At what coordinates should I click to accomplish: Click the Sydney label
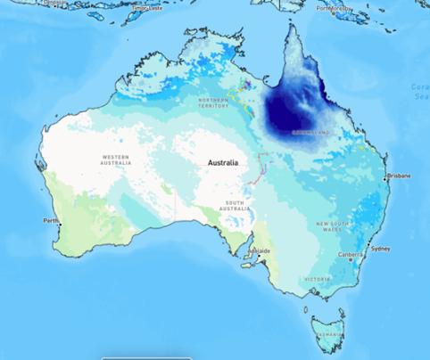pos(380,249)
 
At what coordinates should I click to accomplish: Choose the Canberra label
pos(351,255)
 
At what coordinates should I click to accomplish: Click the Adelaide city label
pos(260,252)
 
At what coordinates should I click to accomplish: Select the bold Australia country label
pos(223,163)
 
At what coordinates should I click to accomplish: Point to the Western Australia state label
pos(119,159)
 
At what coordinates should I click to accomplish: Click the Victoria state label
pos(317,279)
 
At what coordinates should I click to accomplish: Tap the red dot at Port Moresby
pos(332,12)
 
